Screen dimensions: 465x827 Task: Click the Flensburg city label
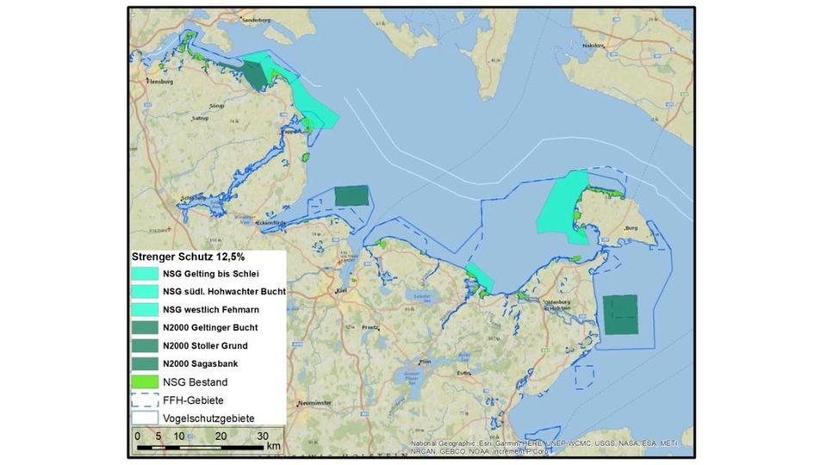tap(163, 82)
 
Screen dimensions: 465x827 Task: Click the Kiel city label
tap(342, 289)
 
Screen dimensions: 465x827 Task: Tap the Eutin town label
tap(465, 372)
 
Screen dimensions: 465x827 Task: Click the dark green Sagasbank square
tap(620, 313)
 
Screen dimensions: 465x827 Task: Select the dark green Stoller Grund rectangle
tap(350, 195)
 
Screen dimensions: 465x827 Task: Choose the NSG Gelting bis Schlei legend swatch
tap(145, 274)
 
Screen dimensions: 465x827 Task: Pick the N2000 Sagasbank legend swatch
tap(145, 363)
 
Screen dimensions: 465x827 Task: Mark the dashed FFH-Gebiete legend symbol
tap(145, 400)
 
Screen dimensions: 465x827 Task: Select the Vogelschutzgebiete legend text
tap(203, 418)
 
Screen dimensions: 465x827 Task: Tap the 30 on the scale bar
tap(263, 436)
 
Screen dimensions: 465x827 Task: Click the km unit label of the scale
tap(273, 446)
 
